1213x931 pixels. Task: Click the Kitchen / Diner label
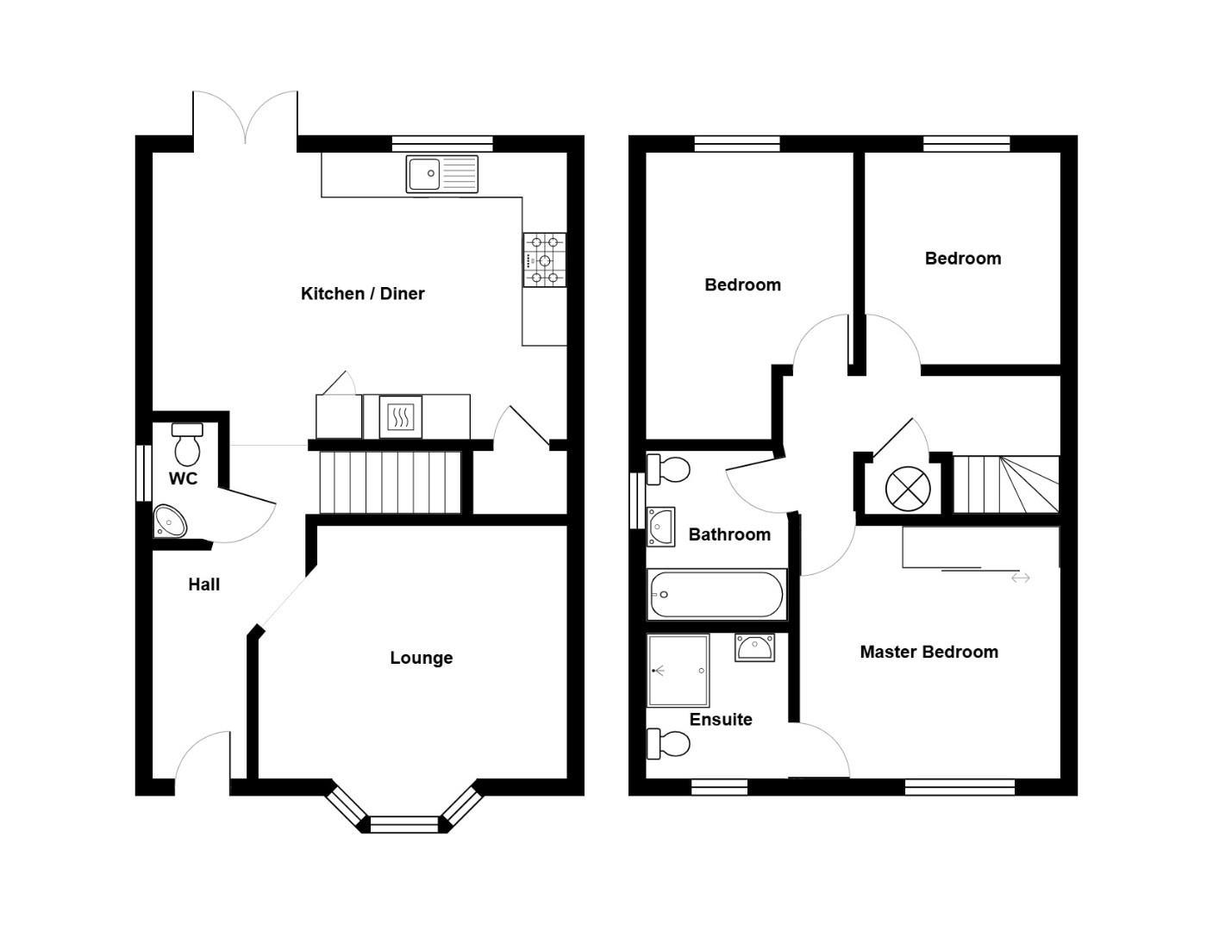[x=362, y=294]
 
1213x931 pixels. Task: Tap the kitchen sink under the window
[x=441, y=174]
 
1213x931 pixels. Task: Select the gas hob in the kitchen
[x=544, y=259]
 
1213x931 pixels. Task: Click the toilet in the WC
[x=186, y=444]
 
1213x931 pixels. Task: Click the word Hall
[x=203, y=584]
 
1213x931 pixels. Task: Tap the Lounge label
[x=421, y=658]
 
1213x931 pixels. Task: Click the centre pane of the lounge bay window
[x=403, y=824]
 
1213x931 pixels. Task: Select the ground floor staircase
[x=391, y=482]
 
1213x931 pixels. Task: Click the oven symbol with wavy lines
[x=400, y=417]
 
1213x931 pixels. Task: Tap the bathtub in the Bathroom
[x=716, y=595]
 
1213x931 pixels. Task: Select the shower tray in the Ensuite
[x=678, y=671]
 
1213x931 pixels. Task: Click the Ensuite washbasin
[x=754, y=647]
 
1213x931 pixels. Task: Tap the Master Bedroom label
[x=929, y=652]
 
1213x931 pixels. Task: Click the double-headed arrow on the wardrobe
[x=1020, y=578]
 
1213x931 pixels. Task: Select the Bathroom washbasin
[x=660, y=526]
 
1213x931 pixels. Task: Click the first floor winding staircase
[x=1006, y=484]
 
